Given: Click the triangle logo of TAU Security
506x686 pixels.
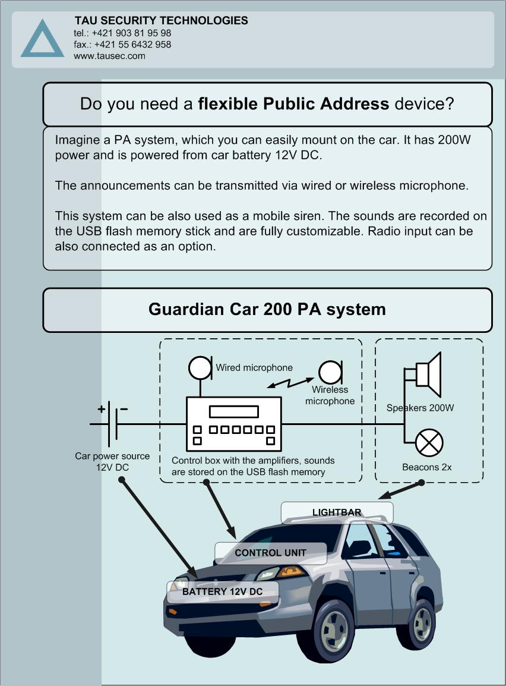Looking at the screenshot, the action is click(42, 39).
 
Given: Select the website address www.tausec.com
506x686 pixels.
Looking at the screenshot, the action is click(109, 56).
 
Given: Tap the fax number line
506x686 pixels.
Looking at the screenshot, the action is click(122, 44).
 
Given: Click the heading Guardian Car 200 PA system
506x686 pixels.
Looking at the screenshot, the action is click(267, 309).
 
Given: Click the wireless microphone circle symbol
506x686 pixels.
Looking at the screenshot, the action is click(330, 373).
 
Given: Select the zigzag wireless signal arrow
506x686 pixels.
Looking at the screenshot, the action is click(290, 383).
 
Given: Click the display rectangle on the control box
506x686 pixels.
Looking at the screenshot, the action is click(234, 412).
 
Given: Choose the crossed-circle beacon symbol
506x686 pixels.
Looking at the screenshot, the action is click(429, 442).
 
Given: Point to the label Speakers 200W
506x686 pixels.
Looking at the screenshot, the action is click(420, 408).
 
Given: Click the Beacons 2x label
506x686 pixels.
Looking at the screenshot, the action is click(427, 467).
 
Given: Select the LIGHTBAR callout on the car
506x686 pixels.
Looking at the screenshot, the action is click(337, 512).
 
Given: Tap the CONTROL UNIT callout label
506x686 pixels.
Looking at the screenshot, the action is click(270, 553).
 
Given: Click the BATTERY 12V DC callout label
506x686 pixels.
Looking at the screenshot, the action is click(222, 591).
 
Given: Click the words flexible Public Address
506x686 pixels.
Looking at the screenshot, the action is click(293, 103).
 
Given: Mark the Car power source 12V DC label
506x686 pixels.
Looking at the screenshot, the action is click(112, 461).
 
